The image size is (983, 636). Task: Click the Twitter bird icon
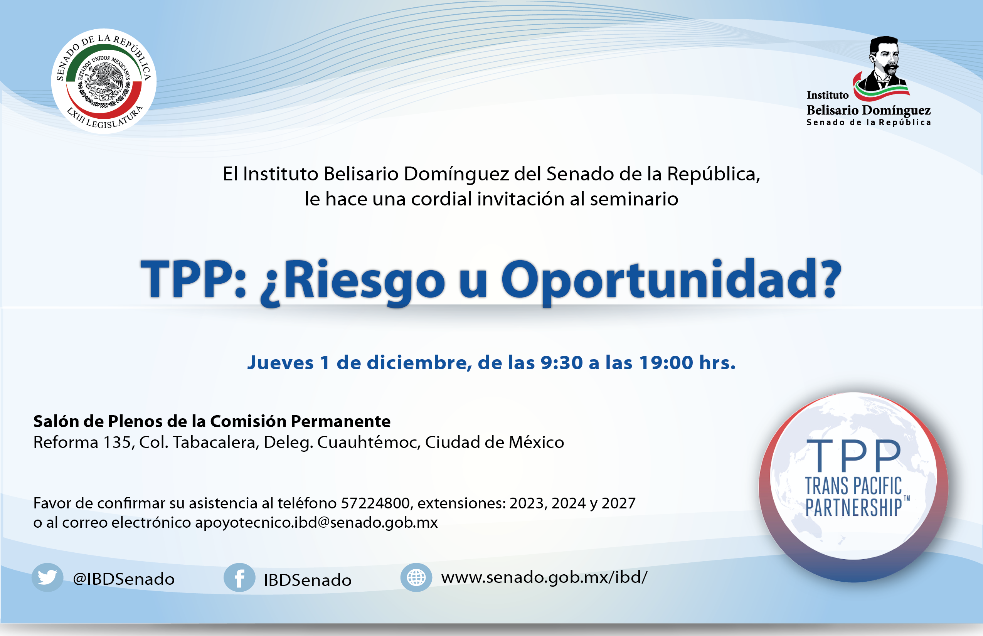click(47, 577)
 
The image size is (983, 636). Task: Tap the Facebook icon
click(239, 577)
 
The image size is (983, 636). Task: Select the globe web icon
click(416, 577)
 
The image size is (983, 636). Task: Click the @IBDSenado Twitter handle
click(124, 579)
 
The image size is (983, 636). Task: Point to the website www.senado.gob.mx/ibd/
click(544, 577)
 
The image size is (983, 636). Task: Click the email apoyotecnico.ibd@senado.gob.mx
click(316, 523)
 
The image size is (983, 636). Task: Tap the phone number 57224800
click(375, 503)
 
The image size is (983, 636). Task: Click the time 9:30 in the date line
click(561, 363)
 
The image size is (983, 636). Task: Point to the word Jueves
click(281, 363)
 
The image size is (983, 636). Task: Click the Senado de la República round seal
click(104, 81)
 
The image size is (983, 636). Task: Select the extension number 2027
click(618, 503)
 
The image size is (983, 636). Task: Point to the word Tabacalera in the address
click(216, 443)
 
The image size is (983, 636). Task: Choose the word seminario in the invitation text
click(634, 199)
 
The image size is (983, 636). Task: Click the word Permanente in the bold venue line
click(341, 421)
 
